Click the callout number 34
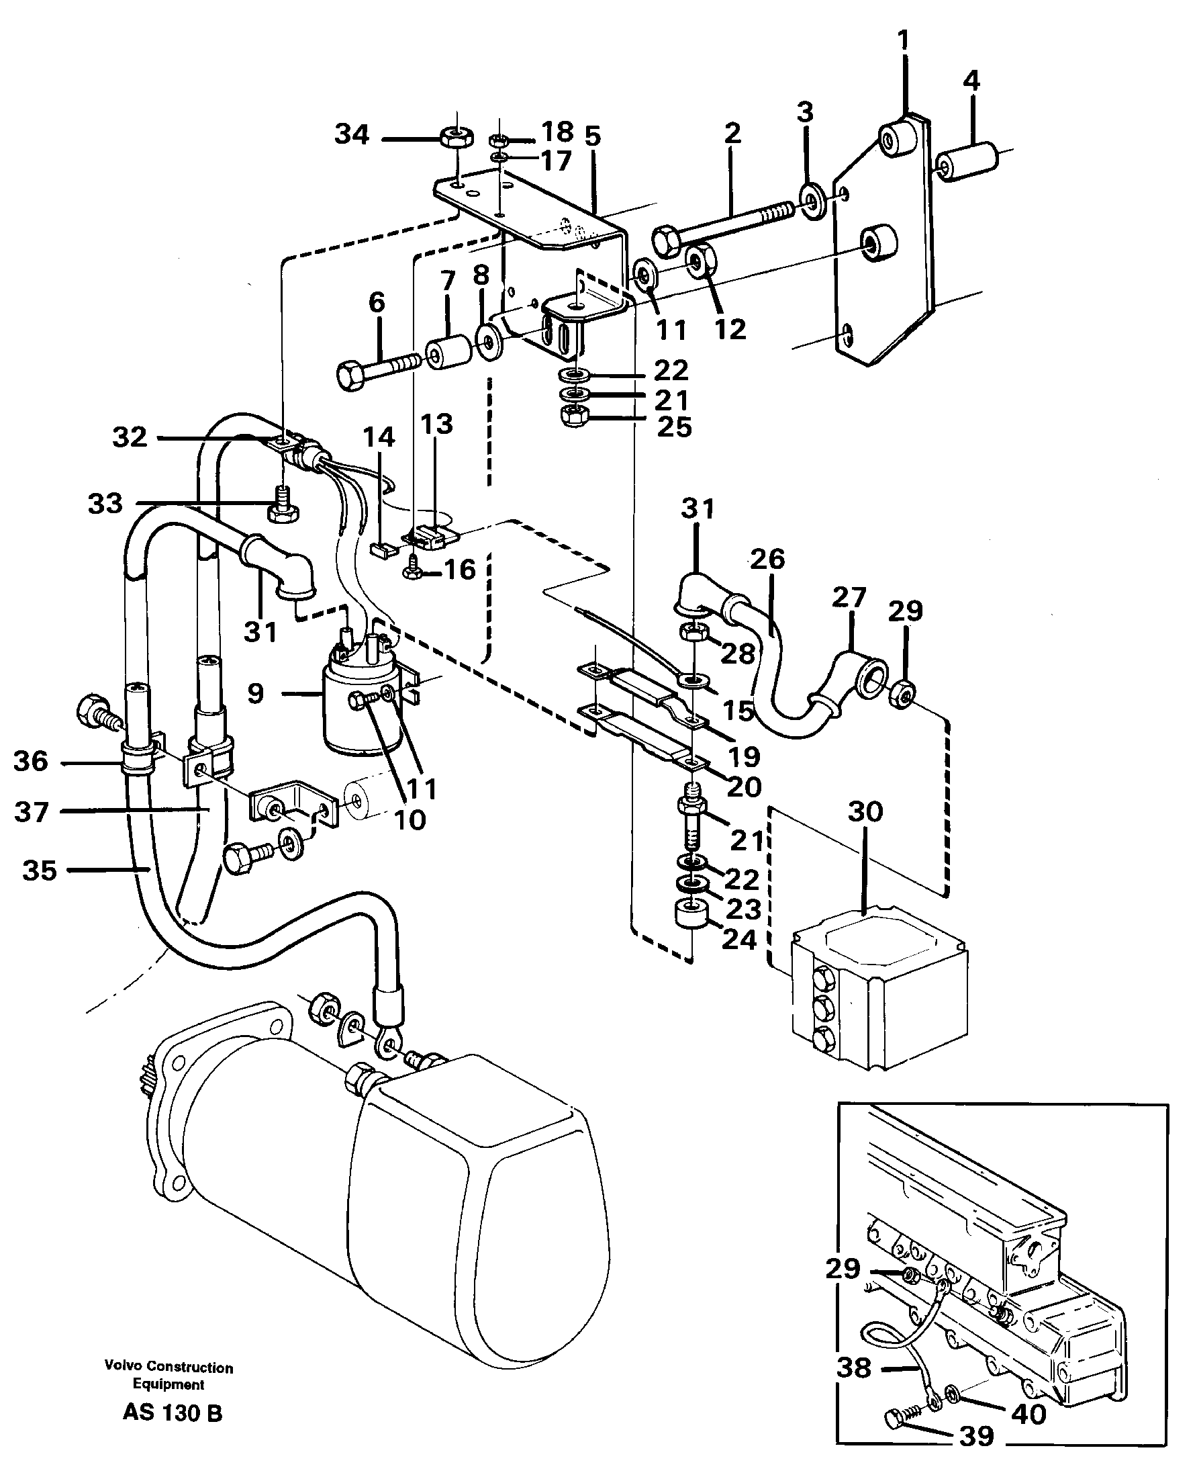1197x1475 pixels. coord(352,134)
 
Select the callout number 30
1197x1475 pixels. coord(865,812)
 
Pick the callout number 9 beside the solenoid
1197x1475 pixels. coord(255,693)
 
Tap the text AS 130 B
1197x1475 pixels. coord(173,1413)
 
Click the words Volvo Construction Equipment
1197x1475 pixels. coord(169,1376)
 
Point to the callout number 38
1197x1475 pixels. coord(854,1368)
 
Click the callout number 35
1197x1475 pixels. coord(40,870)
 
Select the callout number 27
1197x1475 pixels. coord(848,596)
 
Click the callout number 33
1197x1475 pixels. coord(105,504)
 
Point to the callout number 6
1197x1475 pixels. coord(377,302)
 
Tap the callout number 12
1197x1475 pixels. coord(730,329)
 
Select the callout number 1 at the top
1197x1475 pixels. coord(903,42)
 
